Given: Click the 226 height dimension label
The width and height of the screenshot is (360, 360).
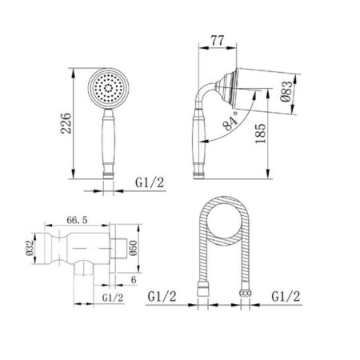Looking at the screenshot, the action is pos(66,123).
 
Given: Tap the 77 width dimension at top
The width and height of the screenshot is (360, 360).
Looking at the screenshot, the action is pos(218,41).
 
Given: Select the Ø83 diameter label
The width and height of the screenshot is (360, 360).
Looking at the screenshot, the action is pos(286,91).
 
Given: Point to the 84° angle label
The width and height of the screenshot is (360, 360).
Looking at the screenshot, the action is pos(230,122).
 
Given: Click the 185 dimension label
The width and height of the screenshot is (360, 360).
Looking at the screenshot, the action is pos(261,134).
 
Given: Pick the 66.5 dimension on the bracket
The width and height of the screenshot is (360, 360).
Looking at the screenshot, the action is pos(77,220).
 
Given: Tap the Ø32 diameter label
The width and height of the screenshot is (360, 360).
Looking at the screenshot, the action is pos(30,248).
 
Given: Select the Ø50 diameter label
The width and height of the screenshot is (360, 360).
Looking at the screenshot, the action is pos(133,248).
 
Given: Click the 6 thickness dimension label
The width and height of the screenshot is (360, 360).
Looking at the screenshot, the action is pos(134,280).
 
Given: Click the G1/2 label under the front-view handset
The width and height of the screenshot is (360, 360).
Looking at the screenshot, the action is pos(150,183).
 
